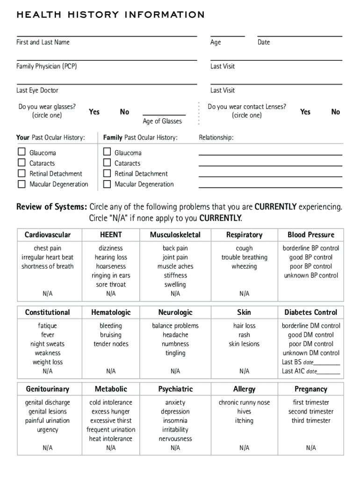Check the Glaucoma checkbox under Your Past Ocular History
point(22,152)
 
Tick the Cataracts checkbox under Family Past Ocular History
point(107,163)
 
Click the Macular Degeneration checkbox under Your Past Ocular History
point(22,184)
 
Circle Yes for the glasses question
point(94,112)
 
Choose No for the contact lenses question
point(336,112)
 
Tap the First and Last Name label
point(43,43)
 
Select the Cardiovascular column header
point(48,235)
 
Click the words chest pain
point(48,248)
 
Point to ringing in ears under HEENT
point(111,276)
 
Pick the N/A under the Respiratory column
point(244,294)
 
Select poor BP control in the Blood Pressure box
point(311,267)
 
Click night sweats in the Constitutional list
point(48,344)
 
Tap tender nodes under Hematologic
point(111,344)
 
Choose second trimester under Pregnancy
point(311,412)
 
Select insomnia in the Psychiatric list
point(175,421)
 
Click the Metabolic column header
point(111,389)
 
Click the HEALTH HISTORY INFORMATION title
point(110,15)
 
